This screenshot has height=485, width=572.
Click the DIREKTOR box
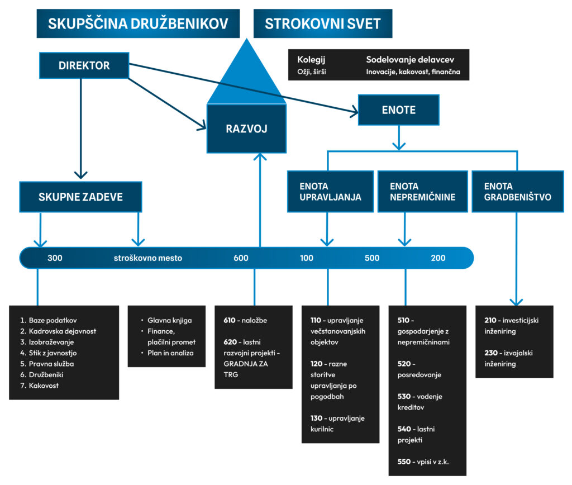coord(84,65)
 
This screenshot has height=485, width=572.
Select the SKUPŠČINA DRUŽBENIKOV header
coord(139,23)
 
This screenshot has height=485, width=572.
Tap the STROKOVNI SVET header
coord(322,23)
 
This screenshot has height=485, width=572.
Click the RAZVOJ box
coord(246,129)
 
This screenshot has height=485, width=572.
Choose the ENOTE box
coord(398,110)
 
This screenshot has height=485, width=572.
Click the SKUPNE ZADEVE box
coord(80,197)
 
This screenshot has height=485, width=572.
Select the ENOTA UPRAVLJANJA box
coord(330,192)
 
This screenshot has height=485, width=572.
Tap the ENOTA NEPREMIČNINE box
coord(422,192)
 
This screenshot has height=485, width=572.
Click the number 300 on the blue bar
coord(55,258)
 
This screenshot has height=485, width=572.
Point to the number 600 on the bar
coord(241,258)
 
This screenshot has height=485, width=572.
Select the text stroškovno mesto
coord(148,258)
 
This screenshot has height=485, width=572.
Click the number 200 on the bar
coord(438,258)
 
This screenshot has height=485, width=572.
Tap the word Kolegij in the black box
coord(311,60)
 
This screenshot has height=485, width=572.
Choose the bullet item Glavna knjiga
coord(170,320)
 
